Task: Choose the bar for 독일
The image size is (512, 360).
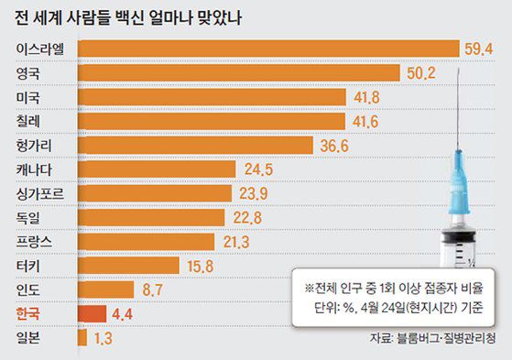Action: pos(152,217)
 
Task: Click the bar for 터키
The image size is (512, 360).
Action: pos(127,266)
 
